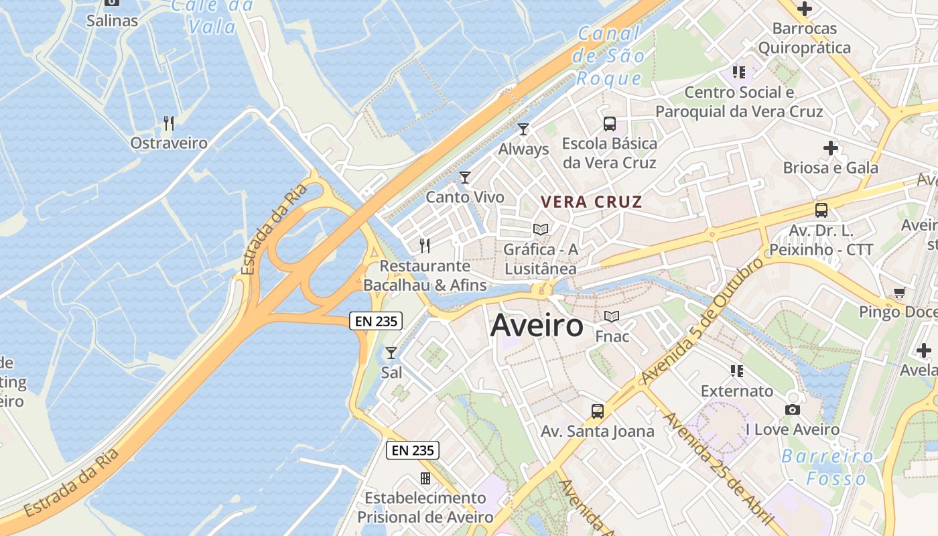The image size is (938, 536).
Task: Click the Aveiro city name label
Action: [537, 326]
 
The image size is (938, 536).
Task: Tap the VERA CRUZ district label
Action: [592, 202]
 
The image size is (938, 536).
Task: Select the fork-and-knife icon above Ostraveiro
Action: [169, 123]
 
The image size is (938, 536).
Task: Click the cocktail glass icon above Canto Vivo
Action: [465, 178]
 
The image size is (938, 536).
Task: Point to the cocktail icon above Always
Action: [523, 129]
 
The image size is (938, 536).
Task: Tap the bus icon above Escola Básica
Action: [609, 123]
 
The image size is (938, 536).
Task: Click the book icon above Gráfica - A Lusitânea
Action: [541, 229]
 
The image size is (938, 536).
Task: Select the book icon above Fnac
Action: [612, 316]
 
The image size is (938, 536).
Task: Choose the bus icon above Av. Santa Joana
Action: [598, 411]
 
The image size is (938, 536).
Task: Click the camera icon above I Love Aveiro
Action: [792, 409]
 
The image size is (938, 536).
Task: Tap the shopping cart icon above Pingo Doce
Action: [899, 292]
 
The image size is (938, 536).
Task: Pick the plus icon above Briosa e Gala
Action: [831, 147]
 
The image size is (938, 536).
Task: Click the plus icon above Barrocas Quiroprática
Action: [804, 9]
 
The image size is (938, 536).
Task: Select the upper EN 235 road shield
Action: [376, 321]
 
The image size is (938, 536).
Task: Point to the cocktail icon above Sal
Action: [391, 352]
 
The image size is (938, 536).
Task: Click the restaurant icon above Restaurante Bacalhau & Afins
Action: [424, 245]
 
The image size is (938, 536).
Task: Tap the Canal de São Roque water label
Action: [609, 56]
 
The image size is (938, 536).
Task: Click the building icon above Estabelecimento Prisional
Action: [425, 478]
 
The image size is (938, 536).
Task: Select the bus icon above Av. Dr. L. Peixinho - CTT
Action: [821, 210]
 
